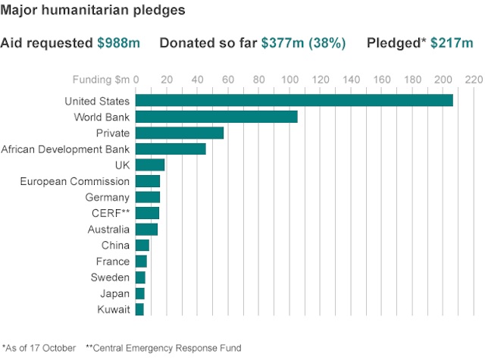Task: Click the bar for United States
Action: coord(294,101)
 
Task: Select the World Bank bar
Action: coord(216,117)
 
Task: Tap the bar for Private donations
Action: coord(180,133)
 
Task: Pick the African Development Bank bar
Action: coord(171,149)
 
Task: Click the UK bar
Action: coord(150,165)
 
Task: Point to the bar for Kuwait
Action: coord(139,309)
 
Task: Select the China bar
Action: coord(142,246)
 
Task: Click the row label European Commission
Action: coord(74,181)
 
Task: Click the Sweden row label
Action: coord(110,277)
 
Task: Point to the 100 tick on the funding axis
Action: coord(289,80)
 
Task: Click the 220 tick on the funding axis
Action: coord(474,80)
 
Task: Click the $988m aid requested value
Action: coord(118,43)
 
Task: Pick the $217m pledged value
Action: coord(452,43)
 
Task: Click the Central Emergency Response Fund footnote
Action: coord(164,348)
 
